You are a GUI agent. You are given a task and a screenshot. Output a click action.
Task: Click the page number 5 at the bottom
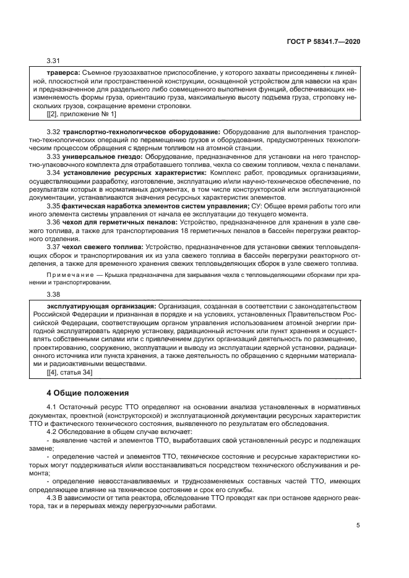pos(358,526)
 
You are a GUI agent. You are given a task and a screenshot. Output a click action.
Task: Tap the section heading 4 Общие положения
pos(88,392)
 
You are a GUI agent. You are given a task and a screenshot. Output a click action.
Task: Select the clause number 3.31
pos(54,61)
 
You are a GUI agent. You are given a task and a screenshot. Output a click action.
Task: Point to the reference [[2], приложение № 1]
pos(81,114)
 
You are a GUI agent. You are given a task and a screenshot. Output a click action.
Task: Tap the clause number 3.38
pos(54,294)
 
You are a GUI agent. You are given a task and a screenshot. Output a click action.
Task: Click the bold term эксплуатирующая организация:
pos(101,306)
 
